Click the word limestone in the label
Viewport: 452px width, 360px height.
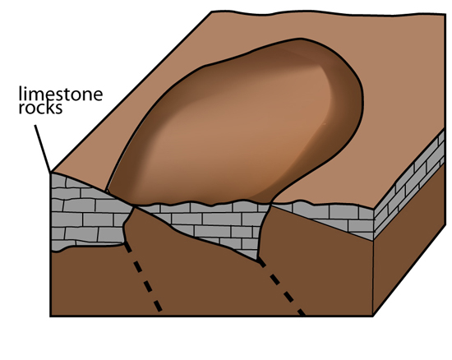[61, 94]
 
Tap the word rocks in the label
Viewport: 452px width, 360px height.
[40, 108]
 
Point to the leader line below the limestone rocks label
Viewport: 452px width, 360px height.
[43, 148]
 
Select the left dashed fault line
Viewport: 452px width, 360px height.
[143, 277]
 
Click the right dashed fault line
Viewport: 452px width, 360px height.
[281, 286]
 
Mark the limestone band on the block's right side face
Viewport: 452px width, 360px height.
[409, 184]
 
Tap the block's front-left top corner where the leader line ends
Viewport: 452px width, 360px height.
[51, 173]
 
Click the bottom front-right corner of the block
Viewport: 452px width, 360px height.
[373, 316]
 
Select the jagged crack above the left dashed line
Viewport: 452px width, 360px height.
[128, 224]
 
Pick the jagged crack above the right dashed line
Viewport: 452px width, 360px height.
[264, 231]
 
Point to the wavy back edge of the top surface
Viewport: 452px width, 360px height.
[329, 13]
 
